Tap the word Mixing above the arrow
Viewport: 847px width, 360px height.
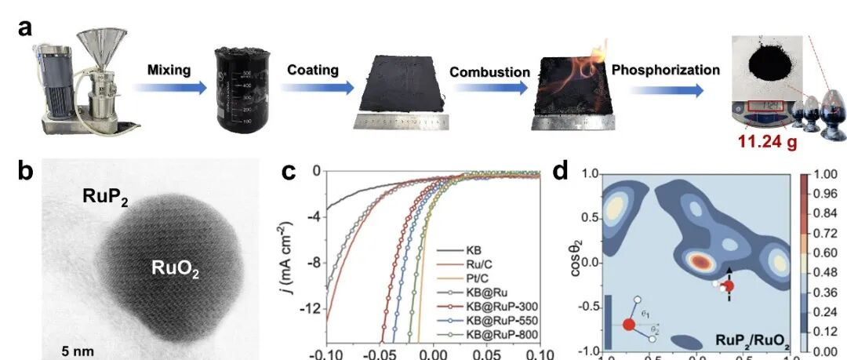pos(169,70)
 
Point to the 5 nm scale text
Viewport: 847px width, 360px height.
pos(78,351)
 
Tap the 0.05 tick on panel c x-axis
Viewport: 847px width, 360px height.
pos(487,355)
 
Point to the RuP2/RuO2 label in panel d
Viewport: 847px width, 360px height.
pos(754,340)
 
